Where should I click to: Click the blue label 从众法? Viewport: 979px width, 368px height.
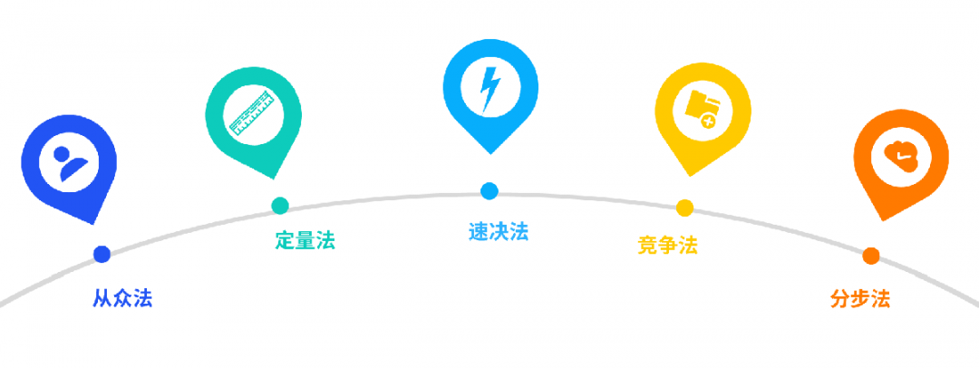pyautogui.click(x=122, y=298)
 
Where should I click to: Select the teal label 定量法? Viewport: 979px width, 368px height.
pyautogui.click(x=305, y=240)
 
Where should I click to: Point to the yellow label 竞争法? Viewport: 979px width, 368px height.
pyautogui.click(x=667, y=245)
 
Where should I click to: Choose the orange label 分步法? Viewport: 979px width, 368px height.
pyautogui.click(x=860, y=298)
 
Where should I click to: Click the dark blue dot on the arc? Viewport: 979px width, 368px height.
pyautogui.click(x=102, y=254)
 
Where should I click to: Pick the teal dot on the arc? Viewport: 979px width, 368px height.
pyautogui.click(x=280, y=206)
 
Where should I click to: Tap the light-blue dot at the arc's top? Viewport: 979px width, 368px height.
pyautogui.click(x=489, y=191)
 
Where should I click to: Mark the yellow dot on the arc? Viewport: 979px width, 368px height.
pyautogui.click(x=684, y=208)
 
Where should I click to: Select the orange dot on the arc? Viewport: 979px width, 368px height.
pyautogui.click(x=871, y=256)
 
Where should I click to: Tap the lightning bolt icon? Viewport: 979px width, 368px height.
pyautogui.click(x=490, y=87)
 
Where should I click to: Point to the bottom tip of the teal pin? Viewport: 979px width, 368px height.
pyautogui.click(x=271, y=179)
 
